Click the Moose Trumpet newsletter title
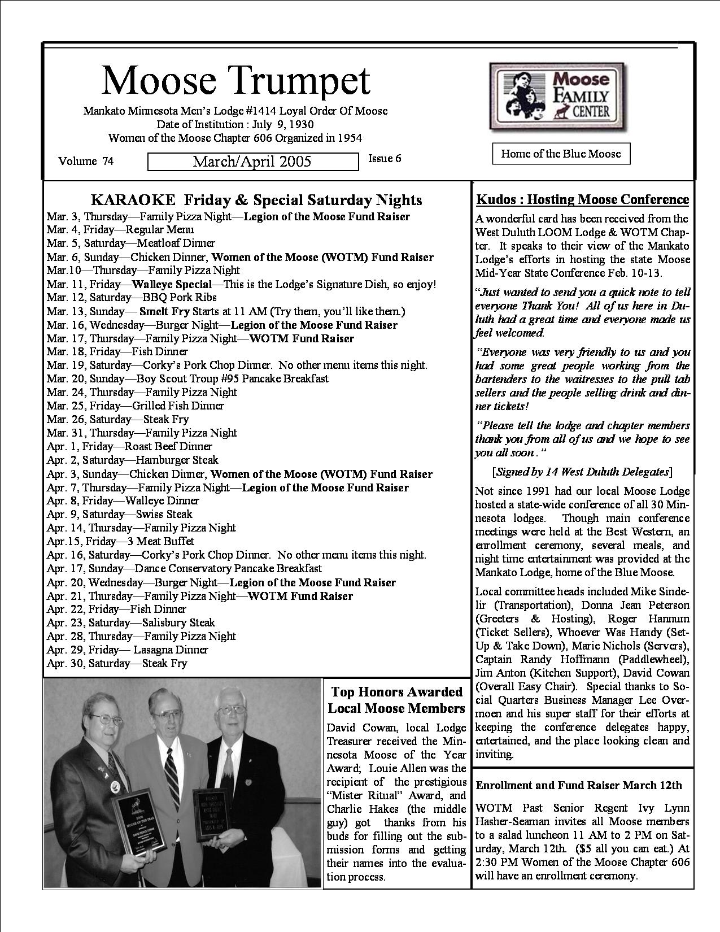(x=236, y=81)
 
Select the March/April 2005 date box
(x=252, y=162)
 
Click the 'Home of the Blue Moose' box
(x=561, y=154)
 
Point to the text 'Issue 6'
(x=385, y=158)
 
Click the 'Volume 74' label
(x=86, y=161)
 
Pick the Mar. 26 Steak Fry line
(x=117, y=419)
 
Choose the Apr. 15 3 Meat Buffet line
(x=120, y=541)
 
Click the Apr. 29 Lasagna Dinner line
(x=128, y=650)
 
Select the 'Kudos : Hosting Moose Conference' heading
(x=583, y=199)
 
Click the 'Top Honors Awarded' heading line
(x=396, y=692)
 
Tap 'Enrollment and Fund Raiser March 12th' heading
(x=579, y=785)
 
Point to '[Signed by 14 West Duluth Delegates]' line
(x=582, y=471)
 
